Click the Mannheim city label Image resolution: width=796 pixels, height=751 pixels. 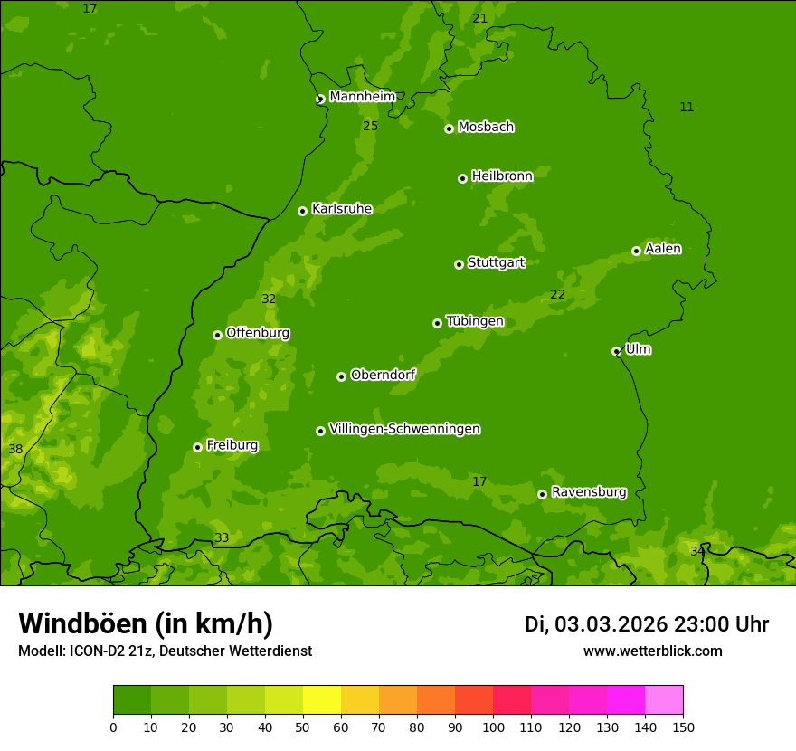362,97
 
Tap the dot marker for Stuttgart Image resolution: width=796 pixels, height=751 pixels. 459,264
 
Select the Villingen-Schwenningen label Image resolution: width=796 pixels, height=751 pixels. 404,429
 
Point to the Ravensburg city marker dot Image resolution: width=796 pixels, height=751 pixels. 542,494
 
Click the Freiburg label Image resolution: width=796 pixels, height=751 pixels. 232,445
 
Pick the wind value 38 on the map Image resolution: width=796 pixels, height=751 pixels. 15,449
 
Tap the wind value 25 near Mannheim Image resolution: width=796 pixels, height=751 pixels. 370,126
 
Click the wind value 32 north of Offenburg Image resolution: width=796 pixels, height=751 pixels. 269,299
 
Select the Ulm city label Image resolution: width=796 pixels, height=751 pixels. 638,349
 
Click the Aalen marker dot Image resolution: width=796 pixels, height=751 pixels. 636,251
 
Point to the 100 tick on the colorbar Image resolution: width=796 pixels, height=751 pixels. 493,727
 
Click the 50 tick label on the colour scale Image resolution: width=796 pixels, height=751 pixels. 303,727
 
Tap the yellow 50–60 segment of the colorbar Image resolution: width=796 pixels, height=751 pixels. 322,700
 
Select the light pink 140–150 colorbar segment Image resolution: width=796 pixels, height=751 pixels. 664,700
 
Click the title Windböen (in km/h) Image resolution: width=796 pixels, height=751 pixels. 145,623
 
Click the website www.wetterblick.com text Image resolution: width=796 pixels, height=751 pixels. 652,651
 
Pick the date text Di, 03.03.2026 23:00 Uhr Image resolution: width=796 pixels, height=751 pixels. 646,624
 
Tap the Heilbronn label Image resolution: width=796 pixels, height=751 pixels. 502,176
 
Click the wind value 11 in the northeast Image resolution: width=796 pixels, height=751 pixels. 687,107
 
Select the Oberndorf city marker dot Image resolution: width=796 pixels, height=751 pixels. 341,376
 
